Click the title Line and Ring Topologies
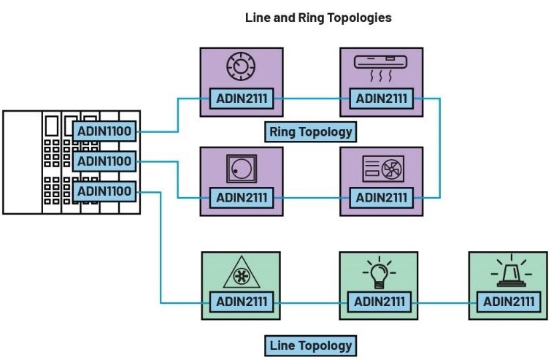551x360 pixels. [x=318, y=18]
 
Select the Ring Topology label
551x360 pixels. [x=311, y=132]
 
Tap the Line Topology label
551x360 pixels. [x=311, y=345]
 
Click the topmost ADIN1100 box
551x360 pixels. [x=104, y=132]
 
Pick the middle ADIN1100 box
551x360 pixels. [x=104, y=161]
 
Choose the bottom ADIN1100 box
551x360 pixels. [x=104, y=191]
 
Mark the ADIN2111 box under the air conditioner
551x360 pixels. [x=380, y=98]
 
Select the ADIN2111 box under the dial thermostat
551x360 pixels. [x=240, y=98]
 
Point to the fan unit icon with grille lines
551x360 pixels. [x=379, y=169]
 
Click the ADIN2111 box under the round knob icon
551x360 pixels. [x=240, y=197]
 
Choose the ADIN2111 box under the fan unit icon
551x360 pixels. [x=380, y=197]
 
